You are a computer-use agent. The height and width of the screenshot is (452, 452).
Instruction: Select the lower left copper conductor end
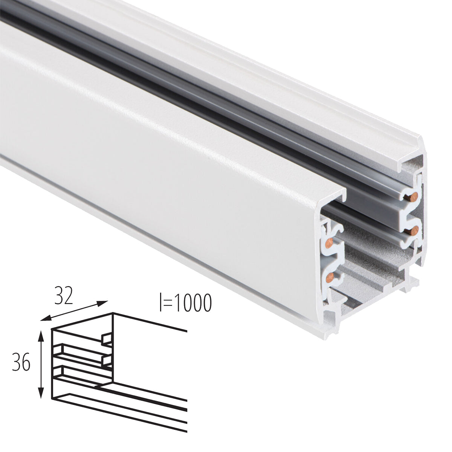pyautogui.click(x=330, y=278)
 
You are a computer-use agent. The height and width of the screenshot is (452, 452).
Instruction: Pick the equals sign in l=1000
pyautogui.click(x=167, y=304)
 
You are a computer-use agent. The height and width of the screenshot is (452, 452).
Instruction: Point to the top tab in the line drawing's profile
pyautogui.click(x=107, y=339)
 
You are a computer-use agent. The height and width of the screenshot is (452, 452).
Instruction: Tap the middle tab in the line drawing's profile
pyautogui.click(x=107, y=361)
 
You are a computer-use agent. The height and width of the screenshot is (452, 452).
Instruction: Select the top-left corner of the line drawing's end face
pyautogui.click(x=52, y=329)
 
